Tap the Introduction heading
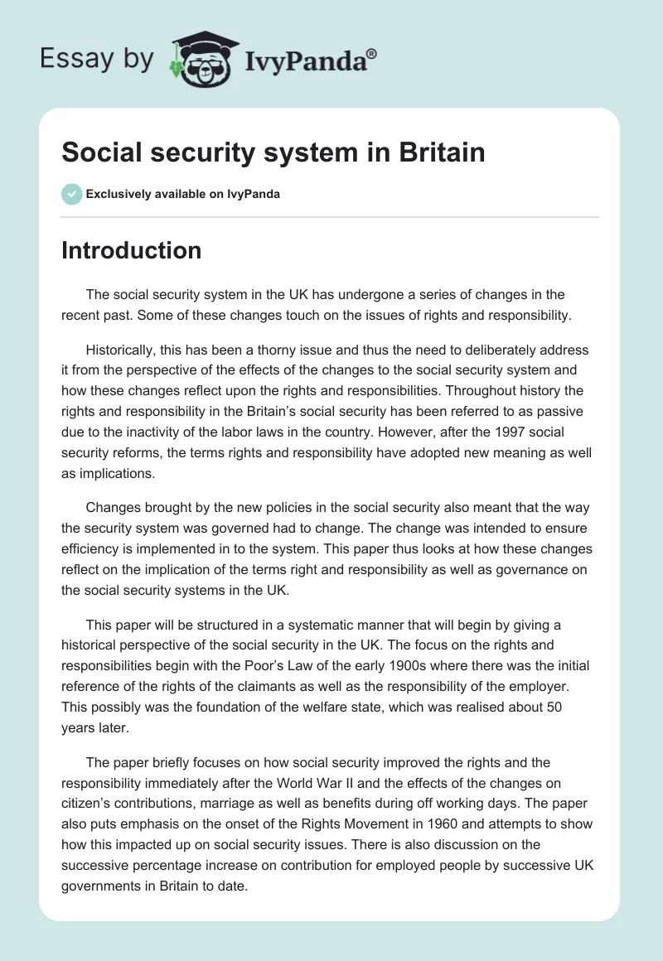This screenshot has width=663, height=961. coord(131,250)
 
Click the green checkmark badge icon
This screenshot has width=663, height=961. coord(71,194)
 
